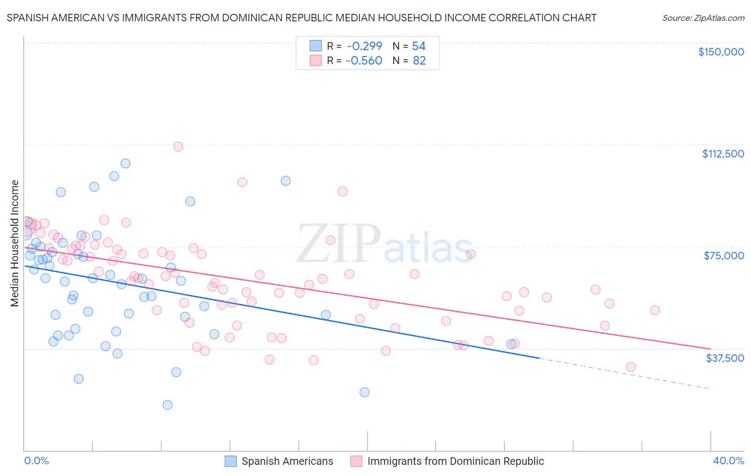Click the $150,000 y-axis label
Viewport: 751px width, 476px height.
721,52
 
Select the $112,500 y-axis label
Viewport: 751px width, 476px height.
723,154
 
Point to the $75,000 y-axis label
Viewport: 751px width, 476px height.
724,256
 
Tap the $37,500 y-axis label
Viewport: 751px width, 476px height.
725,358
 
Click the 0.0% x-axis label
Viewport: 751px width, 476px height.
36,461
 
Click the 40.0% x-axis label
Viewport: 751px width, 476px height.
728,461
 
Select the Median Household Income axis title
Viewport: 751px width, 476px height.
14,243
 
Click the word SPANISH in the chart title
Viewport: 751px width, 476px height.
28,18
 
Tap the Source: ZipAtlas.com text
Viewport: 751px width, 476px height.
703,18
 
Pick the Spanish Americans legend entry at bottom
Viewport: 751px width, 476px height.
287,461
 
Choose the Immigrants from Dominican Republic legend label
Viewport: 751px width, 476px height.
455,461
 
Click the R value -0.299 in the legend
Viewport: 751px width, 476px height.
364,46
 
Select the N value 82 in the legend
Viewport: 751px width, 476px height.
419,61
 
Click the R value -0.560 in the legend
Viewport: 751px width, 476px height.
364,61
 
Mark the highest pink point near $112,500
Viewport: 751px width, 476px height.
178,147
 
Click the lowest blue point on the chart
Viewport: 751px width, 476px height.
168,405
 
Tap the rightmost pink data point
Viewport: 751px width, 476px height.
655,310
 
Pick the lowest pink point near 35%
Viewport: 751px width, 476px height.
631,367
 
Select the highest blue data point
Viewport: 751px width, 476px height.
126,163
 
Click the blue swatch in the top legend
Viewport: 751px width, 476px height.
316,46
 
